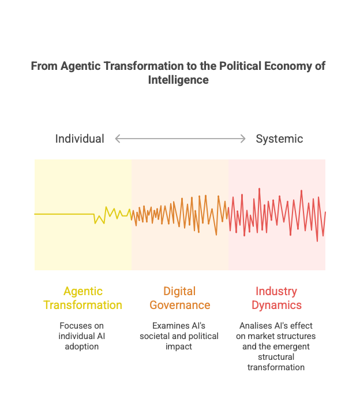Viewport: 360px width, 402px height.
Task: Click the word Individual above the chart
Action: click(80, 139)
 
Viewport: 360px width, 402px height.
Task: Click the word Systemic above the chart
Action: click(279, 139)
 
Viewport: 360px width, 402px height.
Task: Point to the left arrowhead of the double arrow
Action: click(118, 139)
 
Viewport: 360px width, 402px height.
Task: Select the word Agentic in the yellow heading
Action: click(83, 291)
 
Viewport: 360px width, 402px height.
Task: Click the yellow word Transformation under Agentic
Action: click(82, 305)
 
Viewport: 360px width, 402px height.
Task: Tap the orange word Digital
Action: click(179, 291)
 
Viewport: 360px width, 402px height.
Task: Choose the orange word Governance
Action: click(179, 305)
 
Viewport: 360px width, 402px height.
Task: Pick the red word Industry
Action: click(276, 291)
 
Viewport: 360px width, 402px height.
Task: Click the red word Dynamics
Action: click(276, 305)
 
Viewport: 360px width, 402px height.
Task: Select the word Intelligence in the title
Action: click(178, 80)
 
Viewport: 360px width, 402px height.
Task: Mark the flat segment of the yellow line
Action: click(63, 214)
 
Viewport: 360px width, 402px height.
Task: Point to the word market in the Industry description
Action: click(261, 336)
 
